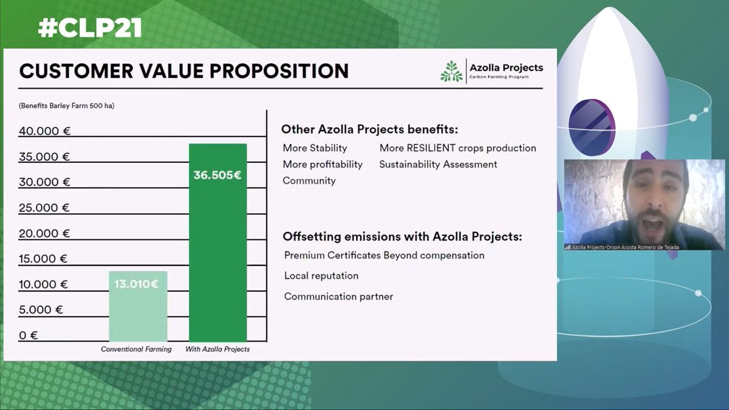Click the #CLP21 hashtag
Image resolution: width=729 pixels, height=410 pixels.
pos(90,27)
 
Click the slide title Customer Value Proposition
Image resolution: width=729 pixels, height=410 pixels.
pos(184,71)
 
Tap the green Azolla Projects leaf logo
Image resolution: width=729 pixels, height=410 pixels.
pos(451,71)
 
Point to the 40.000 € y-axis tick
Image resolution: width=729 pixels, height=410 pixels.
pos(45,131)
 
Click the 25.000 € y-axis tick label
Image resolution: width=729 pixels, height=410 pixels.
pos(45,208)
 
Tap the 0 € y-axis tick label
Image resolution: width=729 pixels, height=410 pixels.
pos(29,335)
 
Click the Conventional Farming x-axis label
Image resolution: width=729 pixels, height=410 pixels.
pos(136,349)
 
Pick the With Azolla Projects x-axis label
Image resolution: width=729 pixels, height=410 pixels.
pos(217,349)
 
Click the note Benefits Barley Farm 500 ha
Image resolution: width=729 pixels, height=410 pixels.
pos(67,106)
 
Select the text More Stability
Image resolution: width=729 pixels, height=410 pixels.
pos(315,148)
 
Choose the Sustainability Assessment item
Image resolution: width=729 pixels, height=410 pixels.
pos(438,165)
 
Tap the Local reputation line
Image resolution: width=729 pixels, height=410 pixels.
pos(321,276)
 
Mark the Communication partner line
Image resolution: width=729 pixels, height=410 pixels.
pos(338,296)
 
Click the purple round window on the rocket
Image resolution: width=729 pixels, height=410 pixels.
pos(591,121)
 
